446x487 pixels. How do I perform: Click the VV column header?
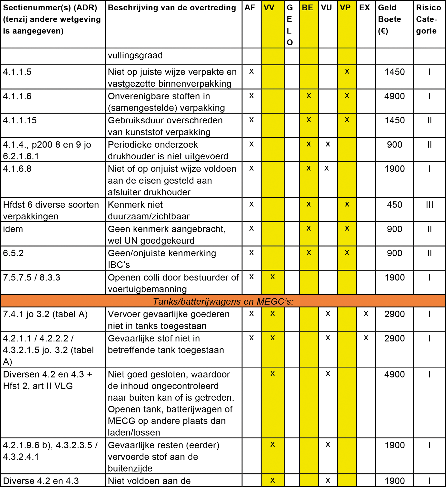coord(269,8)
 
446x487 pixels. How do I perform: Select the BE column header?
coord(307,8)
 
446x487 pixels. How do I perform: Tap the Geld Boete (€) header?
coord(389,19)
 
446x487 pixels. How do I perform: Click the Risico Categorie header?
coord(428,19)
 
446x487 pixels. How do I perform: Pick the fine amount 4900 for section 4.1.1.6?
coord(394,96)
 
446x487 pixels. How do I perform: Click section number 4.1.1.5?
coord(17,72)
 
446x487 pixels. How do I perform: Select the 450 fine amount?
coord(394,205)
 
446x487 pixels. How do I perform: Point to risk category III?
coord(429,205)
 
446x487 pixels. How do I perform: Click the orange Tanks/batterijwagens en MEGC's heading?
coord(223,301)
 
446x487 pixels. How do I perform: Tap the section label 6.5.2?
coord(13,253)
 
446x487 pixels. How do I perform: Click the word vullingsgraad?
coord(135,55)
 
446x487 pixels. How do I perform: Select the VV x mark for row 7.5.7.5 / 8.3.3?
coord(272,277)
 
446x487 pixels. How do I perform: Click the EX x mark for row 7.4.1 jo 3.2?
coord(366,314)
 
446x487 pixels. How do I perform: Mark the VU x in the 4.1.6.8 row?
coord(327,168)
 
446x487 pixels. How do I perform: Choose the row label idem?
coord(13,229)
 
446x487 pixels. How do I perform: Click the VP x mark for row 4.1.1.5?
coord(347,72)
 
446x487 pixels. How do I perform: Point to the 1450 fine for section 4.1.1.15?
coord(394,120)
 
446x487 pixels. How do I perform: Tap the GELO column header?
coord(290,25)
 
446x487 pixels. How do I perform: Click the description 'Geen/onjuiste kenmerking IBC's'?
coord(162,259)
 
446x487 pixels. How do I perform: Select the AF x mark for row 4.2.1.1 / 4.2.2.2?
coord(251,338)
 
